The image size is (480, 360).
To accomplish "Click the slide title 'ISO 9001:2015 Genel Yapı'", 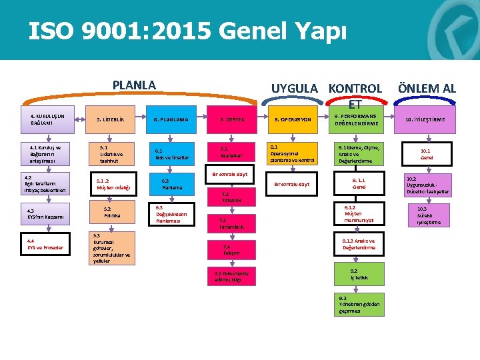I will click(x=187, y=31).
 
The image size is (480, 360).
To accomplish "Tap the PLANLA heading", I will click(x=134, y=85).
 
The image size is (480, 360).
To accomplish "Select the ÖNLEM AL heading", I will click(x=427, y=88).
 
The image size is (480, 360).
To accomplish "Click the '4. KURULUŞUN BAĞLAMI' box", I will click(x=47, y=119).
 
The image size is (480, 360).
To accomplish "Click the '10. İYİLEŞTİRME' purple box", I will click(x=425, y=119).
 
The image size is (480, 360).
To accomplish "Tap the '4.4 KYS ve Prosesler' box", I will click(x=45, y=245).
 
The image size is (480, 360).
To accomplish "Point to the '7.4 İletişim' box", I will click(x=231, y=249).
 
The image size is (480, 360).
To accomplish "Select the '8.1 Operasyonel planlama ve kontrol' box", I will click(x=292, y=153).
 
